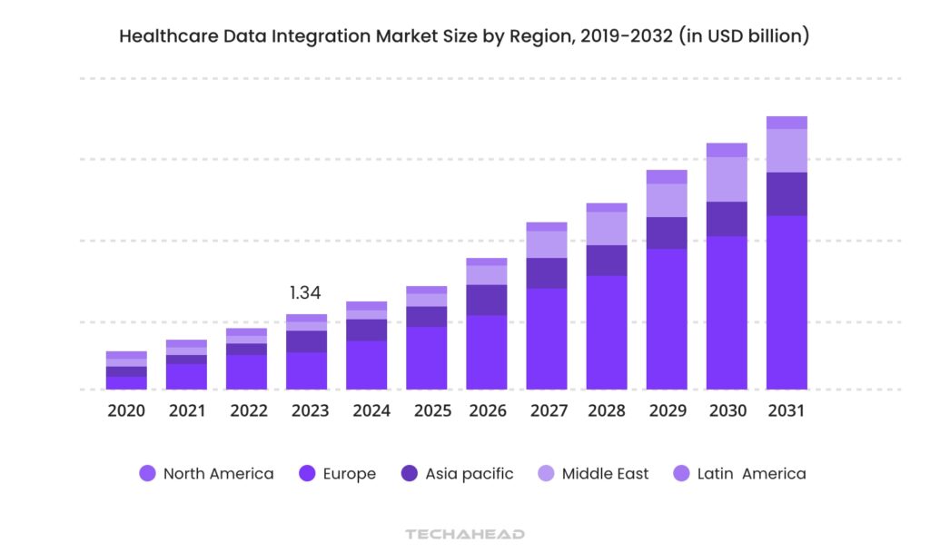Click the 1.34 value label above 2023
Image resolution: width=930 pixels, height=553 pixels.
[x=305, y=292]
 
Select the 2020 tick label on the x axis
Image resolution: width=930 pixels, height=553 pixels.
[x=126, y=410]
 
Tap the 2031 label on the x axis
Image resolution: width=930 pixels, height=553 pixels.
[x=787, y=410]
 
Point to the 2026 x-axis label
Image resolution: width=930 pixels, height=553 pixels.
[x=488, y=410]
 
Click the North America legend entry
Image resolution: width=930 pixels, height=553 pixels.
[x=206, y=473]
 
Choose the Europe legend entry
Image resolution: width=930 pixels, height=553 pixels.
[x=337, y=473]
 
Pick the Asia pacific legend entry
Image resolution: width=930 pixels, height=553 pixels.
[x=458, y=473]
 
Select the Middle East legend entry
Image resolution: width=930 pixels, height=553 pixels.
[x=593, y=473]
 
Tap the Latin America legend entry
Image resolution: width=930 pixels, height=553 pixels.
[x=739, y=473]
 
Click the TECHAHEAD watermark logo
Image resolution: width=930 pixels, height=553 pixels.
[x=465, y=534]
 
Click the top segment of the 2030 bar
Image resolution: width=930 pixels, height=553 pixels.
[x=727, y=150]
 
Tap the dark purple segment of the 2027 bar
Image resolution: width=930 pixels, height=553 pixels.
[x=547, y=272]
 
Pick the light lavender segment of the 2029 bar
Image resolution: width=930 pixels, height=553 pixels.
[x=667, y=200]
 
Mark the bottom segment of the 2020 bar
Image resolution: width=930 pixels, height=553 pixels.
[x=126, y=382]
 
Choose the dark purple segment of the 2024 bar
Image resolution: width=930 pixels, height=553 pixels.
[x=367, y=330]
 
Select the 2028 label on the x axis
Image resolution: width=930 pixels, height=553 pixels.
[x=607, y=410]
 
